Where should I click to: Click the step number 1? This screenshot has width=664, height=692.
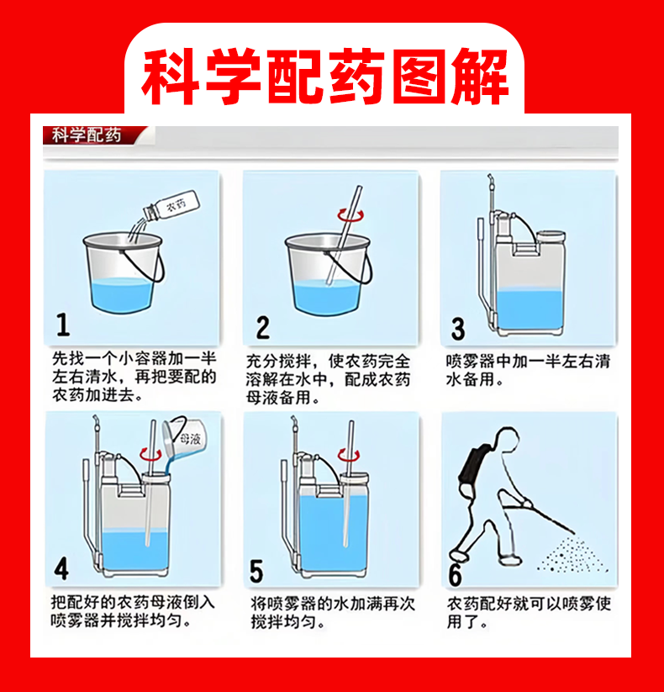(63, 325)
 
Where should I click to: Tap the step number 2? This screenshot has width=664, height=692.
(262, 327)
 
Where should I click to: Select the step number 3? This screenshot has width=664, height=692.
(458, 329)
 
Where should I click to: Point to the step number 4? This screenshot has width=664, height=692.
(61, 568)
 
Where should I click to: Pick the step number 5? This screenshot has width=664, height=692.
(256, 571)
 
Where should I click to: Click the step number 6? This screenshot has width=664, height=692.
(455, 574)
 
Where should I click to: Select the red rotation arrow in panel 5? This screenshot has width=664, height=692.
(349, 455)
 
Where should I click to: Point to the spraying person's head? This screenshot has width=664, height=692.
(507, 440)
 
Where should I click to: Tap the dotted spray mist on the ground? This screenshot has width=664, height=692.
(572, 555)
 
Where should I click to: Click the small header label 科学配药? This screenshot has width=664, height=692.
(87, 135)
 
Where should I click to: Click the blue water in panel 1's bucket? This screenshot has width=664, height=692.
(122, 295)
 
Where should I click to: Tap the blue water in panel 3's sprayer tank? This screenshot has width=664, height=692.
(530, 309)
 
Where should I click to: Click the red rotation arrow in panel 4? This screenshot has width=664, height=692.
(150, 454)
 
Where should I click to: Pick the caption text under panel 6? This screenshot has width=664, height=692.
(529, 613)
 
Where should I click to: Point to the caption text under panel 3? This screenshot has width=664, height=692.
(528, 370)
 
